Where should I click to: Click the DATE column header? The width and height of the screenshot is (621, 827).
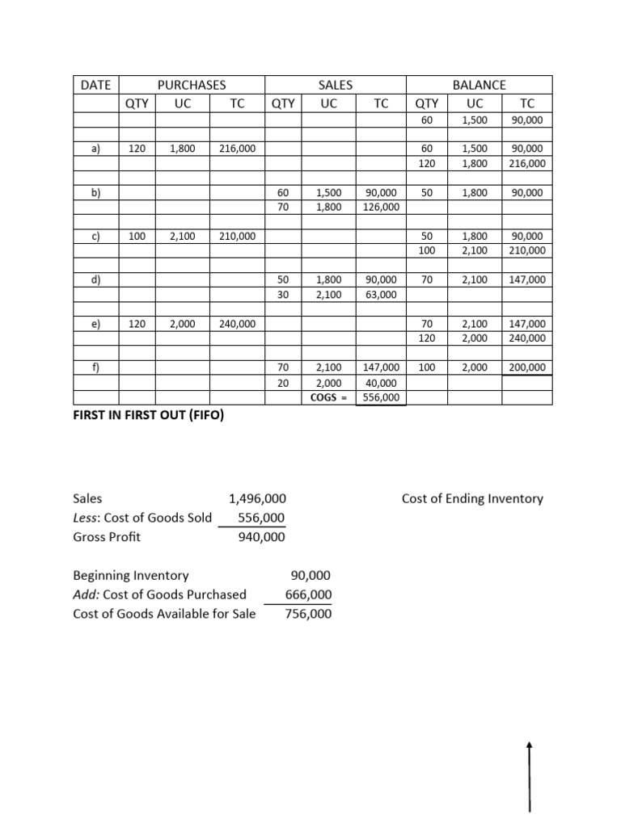(95, 84)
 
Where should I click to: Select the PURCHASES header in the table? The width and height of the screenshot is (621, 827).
(192, 84)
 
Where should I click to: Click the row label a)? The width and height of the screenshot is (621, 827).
(95, 149)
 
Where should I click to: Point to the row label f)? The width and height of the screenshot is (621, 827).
(95, 367)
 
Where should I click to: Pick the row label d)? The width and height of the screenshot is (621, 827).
(95, 279)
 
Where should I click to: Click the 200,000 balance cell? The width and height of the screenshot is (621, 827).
(526, 367)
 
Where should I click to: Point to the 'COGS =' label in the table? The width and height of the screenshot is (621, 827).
(328, 397)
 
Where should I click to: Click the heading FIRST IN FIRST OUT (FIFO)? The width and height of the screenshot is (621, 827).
(149, 417)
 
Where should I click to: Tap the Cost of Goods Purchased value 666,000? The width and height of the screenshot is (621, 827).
(308, 594)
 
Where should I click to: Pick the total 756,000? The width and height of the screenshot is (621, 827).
(308, 614)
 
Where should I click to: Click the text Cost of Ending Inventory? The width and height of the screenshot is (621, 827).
(472, 498)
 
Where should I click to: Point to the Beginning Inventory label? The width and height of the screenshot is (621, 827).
(130, 575)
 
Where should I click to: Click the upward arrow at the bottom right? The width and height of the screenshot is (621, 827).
(530, 775)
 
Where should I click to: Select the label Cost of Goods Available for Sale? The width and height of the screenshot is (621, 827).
(164, 614)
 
